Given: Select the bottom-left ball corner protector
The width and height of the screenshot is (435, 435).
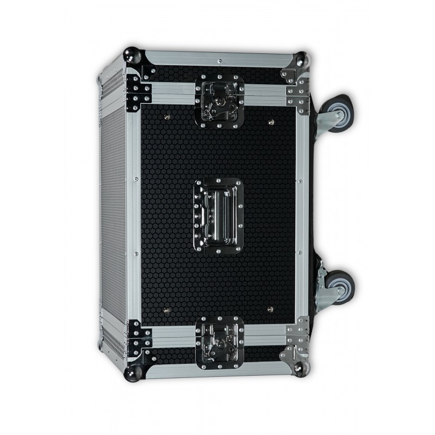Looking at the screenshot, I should pos(134,372).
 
